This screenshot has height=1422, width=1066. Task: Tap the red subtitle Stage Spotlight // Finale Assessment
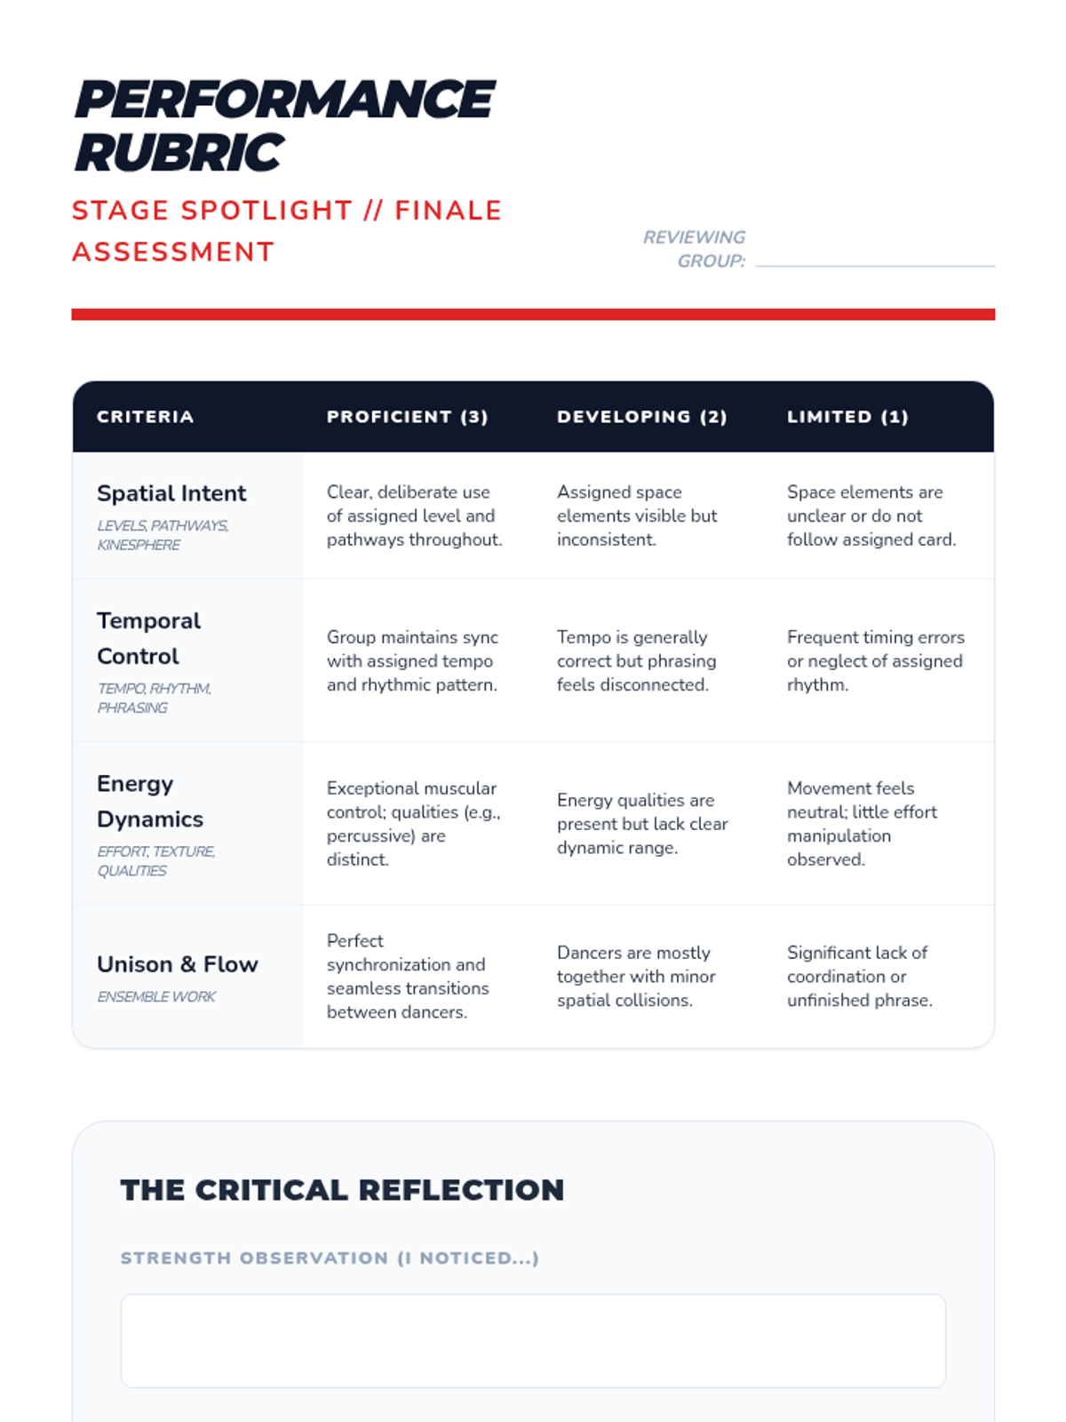click(287, 231)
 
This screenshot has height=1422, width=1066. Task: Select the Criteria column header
click(145, 417)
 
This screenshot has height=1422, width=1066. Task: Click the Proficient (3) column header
click(408, 417)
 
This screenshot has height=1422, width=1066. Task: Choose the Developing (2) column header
click(642, 417)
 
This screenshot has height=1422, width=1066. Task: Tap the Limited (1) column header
click(847, 417)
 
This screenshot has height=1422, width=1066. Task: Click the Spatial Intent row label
click(171, 493)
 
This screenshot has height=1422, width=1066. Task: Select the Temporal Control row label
click(148, 638)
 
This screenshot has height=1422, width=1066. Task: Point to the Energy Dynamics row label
click(149, 801)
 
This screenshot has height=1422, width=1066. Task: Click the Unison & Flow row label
click(177, 964)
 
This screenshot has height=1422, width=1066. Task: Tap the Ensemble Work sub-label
click(156, 997)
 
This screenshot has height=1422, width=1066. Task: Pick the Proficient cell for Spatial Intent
click(414, 515)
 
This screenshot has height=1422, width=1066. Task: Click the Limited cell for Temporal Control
click(875, 660)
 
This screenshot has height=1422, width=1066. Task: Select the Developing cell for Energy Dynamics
click(641, 824)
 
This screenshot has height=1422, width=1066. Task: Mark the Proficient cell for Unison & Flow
click(407, 976)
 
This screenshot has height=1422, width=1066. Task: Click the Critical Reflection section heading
click(342, 1190)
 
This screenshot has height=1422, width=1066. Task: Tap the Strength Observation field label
click(330, 1258)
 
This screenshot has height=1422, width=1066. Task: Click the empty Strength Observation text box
click(533, 1340)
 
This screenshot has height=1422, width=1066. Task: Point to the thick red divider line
click(533, 314)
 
